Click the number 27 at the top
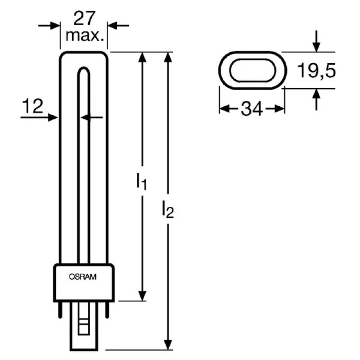point(84,18)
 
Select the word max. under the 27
point(85,36)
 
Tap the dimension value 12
point(32,106)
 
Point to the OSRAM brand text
point(83,277)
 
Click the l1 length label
point(141,181)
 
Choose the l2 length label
point(167,209)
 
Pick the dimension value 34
point(252,109)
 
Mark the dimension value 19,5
point(316,70)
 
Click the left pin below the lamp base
point(60,310)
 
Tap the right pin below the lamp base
point(107,310)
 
